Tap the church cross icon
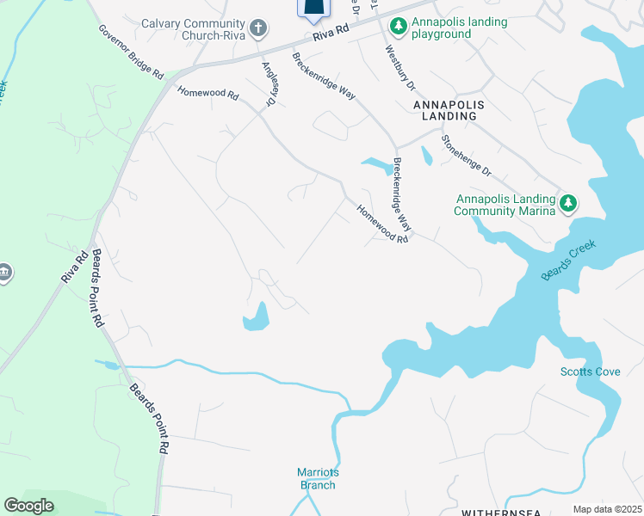[x=257, y=30]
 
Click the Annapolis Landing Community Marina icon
[x=567, y=204]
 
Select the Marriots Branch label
[x=316, y=478]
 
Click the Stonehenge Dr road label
[x=465, y=155]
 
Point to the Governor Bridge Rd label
[x=130, y=52]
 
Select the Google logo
[x=28, y=506]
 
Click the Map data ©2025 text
[x=607, y=509]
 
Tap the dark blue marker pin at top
[x=314, y=9]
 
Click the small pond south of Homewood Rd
[x=257, y=318]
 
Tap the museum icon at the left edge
[x=4, y=273]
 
